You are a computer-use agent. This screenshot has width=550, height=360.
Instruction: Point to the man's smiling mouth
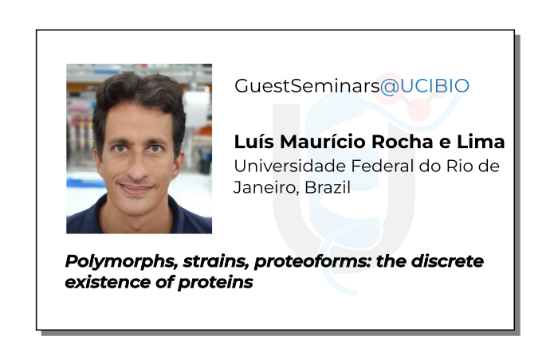pos(136,189)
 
